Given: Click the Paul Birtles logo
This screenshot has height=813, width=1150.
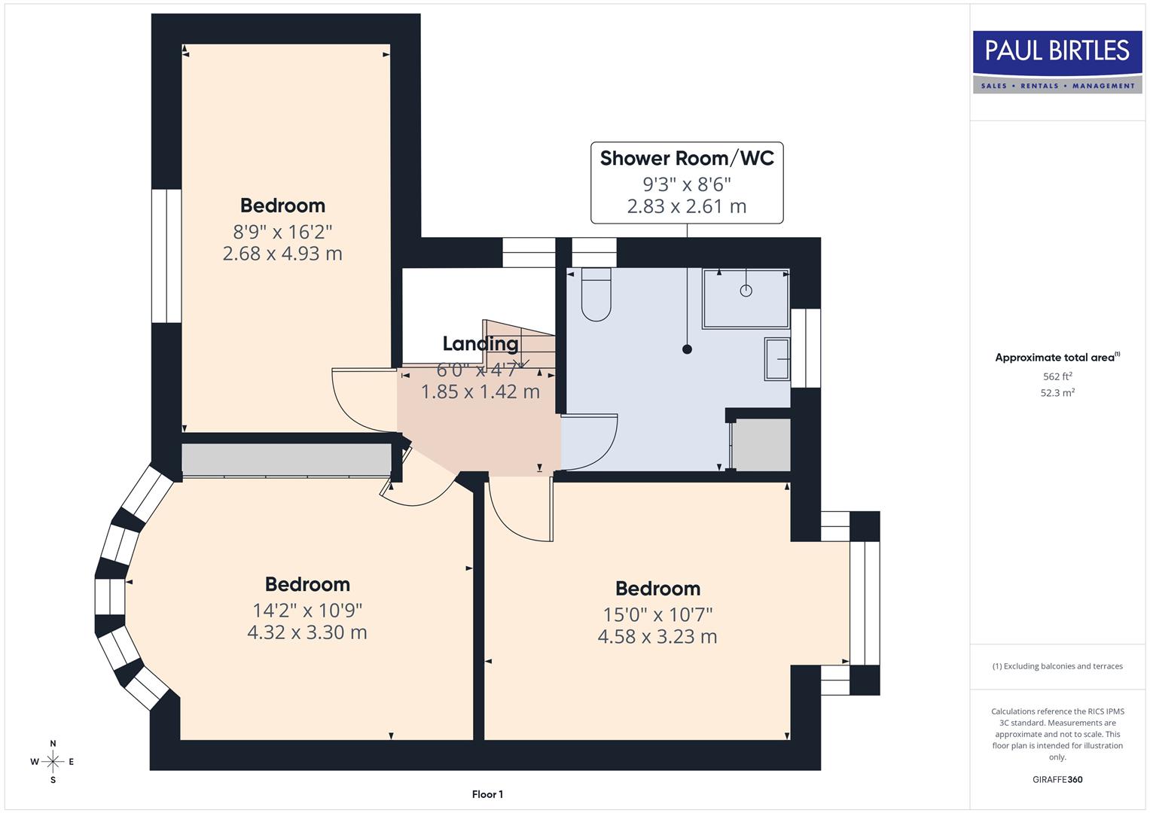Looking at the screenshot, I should click(1057, 62).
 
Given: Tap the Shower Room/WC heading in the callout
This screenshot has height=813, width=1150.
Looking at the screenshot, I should click(686, 158).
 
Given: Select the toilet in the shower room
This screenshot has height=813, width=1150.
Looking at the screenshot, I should click(596, 296).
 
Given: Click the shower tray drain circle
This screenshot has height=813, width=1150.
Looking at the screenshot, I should click(746, 291).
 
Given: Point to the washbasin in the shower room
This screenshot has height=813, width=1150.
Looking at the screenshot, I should click(777, 359).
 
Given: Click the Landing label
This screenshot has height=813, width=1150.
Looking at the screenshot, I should click(480, 343).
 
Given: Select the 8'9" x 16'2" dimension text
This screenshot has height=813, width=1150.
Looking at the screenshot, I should click(282, 230).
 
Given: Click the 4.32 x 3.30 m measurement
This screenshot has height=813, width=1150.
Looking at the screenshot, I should click(307, 632).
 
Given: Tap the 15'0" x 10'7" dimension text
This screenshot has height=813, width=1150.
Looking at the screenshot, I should click(657, 614).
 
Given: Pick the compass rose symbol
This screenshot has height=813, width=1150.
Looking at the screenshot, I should click(53, 762).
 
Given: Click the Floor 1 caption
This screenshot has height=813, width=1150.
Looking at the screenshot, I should click(487, 794).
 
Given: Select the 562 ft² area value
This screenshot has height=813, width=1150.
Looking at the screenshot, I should click(1057, 376).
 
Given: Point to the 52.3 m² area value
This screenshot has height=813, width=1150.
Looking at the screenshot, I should click(1057, 393).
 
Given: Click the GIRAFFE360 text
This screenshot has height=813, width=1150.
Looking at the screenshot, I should click(1057, 779).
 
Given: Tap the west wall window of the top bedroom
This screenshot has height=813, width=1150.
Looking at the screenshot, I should click(166, 256).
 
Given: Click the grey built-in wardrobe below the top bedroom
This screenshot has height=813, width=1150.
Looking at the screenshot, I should click(286, 459).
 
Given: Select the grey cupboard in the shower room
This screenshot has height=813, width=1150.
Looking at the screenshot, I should click(761, 445).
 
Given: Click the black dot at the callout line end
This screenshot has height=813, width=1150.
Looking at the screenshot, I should click(687, 349).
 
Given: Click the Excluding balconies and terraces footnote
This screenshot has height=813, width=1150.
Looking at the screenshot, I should click(1057, 666).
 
